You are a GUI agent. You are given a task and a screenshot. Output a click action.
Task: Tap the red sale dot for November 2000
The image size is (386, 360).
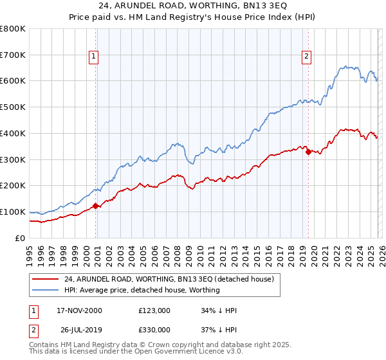click(x=96, y=206)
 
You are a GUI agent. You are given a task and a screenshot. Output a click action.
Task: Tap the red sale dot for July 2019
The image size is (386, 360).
click(x=308, y=152)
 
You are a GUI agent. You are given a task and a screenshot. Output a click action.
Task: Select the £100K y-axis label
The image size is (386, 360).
click(x=13, y=212)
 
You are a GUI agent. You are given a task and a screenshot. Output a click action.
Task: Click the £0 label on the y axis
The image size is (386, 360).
click(x=20, y=238)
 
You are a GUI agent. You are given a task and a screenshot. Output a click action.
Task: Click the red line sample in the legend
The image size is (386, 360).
click(x=46, y=279)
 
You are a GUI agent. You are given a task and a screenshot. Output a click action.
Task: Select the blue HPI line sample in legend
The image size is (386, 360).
click(x=46, y=290)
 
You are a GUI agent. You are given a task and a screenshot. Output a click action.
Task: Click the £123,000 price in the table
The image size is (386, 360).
click(x=154, y=310)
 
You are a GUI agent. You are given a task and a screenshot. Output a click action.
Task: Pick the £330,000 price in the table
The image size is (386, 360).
click(x=154, y=329)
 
